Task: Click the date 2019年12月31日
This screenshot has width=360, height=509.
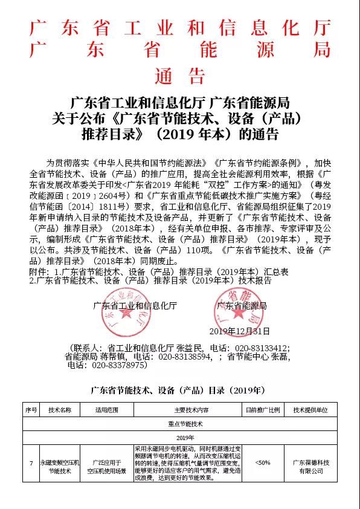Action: (x=239, y=331)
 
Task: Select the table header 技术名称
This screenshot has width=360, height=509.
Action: (x=60, y=409)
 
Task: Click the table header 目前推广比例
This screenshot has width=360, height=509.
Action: (x=262, y=409)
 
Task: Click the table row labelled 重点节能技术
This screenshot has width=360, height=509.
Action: (x=180, y=424)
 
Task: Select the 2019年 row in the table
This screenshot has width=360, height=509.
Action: (x=180, y=437)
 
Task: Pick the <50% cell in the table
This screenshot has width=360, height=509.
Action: (x=262, y=462)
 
